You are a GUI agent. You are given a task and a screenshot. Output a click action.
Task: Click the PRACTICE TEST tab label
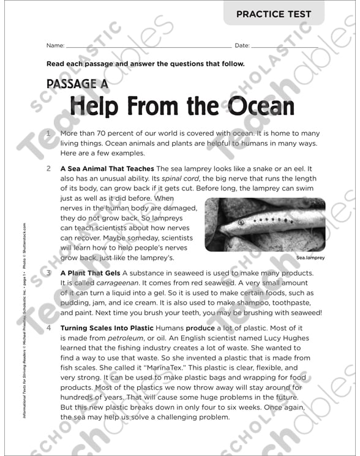tap(283, 14)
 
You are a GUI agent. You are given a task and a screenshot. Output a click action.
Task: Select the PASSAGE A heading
tap(72, 83)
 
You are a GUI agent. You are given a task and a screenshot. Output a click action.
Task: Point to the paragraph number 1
tap(48, 132)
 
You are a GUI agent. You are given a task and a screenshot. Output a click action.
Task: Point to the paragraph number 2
tap(48, 167)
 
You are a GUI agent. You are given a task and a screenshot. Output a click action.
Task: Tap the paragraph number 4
tap(48, 327)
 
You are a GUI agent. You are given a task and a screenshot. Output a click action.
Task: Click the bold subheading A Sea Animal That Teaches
tap(107, 168)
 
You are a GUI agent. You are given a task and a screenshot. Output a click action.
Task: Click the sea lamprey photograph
tap(264, 224)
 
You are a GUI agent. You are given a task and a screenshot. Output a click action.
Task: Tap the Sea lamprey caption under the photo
tap(310, 258)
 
